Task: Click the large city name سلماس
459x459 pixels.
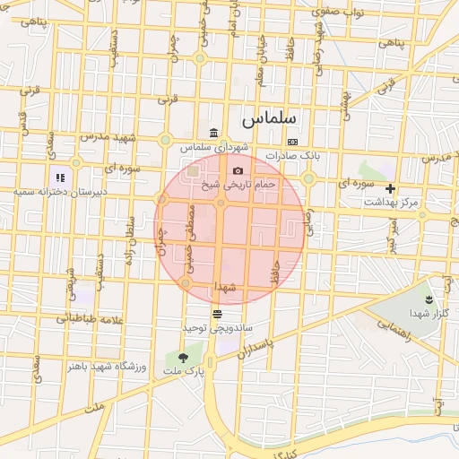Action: pyautogui.click(x=268, y=117)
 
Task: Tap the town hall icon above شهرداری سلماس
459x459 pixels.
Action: pyautogui.click(x=213, y=134)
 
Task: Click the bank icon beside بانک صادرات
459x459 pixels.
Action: pyautogui.click(x=292, y=143)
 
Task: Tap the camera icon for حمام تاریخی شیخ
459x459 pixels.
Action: pyautogui.click(x=238, y=170)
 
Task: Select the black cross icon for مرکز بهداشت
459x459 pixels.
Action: pyautogui.click(x=391, y=189)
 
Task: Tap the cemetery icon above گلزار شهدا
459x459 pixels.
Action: pyautogui.click(x=429, y=299)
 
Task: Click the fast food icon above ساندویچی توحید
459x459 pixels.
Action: pyautogui.click(x=217, y=314)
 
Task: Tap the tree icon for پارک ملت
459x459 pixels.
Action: pyautogui.click(x=184, y=358)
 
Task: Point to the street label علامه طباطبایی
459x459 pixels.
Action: pyautogui.click(x=88, y=319)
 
